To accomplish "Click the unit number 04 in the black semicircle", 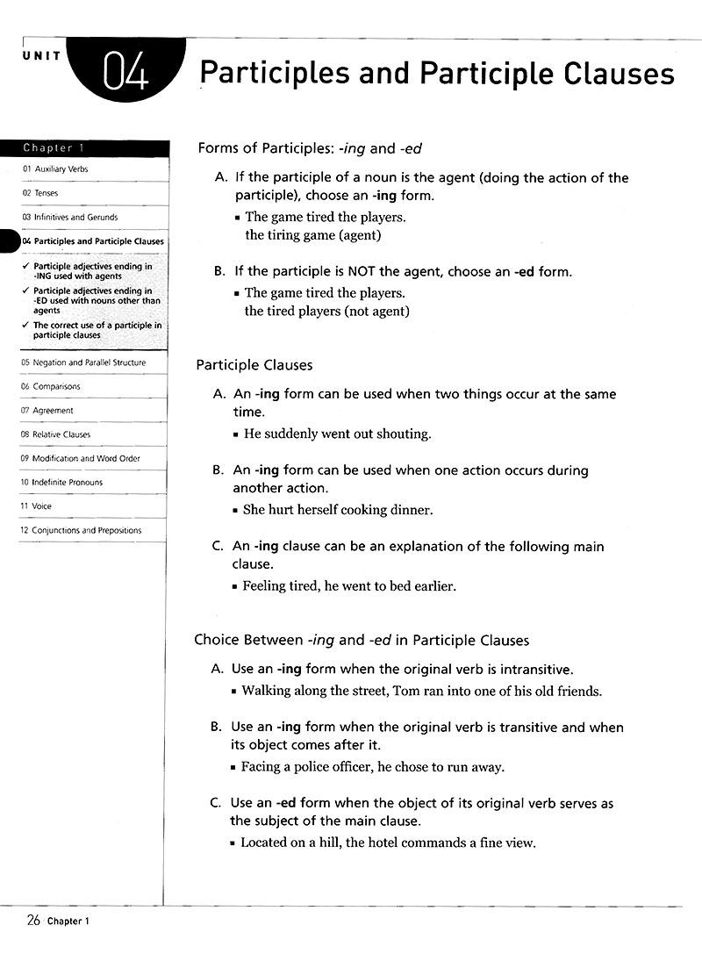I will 126,73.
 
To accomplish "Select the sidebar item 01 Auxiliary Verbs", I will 56,169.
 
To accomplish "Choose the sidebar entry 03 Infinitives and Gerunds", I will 70,217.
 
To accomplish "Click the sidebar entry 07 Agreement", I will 47,411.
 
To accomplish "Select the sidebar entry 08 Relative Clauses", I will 56,434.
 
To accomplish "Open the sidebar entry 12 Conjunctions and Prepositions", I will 80,530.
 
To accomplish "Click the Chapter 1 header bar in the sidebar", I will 82,147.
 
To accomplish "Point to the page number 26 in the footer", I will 34,920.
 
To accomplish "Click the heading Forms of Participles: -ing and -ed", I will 312,148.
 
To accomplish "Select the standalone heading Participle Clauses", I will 254,364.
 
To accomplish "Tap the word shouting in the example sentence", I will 403,434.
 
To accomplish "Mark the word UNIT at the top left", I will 42,55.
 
